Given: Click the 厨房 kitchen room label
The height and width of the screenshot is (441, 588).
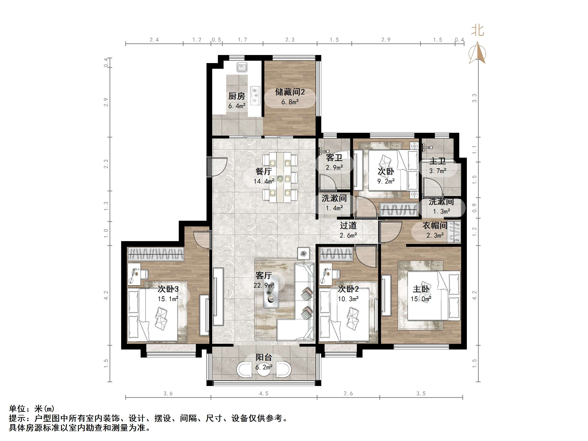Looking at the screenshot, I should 237,96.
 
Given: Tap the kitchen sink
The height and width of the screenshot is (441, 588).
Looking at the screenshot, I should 242,67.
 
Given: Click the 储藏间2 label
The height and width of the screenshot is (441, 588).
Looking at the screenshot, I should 290,92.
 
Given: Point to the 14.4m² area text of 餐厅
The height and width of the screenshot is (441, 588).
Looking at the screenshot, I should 264,182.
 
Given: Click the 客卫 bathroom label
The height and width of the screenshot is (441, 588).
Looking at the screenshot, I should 334,158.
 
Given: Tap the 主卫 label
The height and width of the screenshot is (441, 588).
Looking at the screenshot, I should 437,161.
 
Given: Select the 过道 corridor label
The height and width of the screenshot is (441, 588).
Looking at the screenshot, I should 348,226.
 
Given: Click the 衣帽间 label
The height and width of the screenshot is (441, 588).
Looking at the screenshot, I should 435,225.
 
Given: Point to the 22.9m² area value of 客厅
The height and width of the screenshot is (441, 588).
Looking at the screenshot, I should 264,285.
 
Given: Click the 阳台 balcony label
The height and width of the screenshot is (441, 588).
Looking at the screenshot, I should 264,357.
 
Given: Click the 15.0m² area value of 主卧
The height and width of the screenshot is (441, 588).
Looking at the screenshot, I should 421,299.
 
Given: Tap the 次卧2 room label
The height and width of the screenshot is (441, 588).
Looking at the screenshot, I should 348,289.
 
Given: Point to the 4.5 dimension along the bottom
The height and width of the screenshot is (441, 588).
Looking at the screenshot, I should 264,393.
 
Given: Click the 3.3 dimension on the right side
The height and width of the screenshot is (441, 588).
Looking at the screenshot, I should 474,98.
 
